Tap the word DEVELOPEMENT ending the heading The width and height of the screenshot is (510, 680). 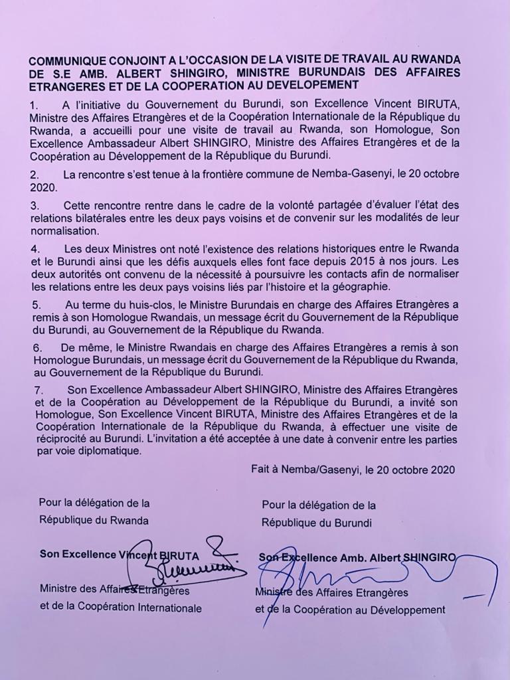(x=310, y=84)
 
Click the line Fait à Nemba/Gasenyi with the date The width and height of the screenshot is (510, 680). (x=353, y=469)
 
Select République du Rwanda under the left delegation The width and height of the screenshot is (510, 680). (x=94, y=520)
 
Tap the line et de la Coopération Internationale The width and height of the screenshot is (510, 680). (x=121, y=607)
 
